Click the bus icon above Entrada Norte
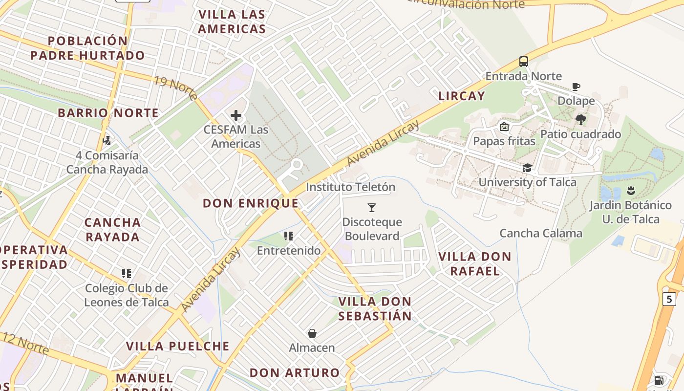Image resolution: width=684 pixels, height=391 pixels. (524, 62)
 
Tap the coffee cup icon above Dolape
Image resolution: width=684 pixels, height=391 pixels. (576, 87)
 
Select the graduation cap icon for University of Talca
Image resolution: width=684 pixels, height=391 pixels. (527, 168)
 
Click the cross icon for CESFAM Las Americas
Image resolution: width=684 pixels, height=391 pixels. (236, 115)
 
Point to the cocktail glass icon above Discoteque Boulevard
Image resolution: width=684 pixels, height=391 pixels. (372, 208)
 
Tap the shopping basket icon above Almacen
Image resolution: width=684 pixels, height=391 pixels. (312, 333)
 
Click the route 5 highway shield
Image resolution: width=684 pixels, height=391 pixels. (669, 299)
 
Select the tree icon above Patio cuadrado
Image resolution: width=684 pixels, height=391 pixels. (580, 120)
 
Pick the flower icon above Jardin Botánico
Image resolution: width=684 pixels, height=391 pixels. (631, 190)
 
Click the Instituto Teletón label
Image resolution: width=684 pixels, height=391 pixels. (350, 187)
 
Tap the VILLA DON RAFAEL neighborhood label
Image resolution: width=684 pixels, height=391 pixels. (474, 263)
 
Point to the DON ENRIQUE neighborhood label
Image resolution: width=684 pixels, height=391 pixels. (251, 203)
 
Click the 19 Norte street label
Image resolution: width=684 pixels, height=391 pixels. (175, 87)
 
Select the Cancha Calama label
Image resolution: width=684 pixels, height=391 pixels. (541, 233)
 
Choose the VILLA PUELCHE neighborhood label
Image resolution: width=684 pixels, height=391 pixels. (178, 346)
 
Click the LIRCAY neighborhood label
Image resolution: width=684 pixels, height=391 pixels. (462, 96)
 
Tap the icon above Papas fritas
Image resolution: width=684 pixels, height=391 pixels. (504, 127)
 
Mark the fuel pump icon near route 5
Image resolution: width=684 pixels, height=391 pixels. (659, 380)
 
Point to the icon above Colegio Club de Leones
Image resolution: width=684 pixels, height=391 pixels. (127, 274)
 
